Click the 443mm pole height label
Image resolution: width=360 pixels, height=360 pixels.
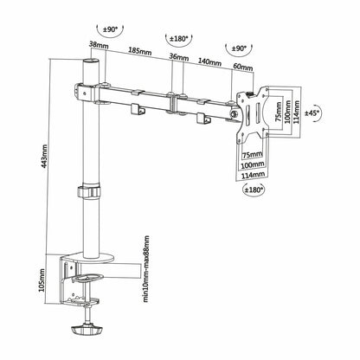45,161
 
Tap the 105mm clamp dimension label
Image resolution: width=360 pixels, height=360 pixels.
42,280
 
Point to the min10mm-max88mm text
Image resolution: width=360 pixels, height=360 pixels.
146,269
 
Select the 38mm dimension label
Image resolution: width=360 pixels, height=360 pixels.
99,45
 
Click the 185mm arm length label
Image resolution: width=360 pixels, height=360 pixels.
140,51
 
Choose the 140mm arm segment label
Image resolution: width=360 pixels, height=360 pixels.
209,61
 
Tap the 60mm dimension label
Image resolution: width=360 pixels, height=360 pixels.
243,67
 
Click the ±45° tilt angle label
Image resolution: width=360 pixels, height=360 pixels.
312,113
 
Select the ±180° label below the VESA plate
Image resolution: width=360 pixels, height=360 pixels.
254,190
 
